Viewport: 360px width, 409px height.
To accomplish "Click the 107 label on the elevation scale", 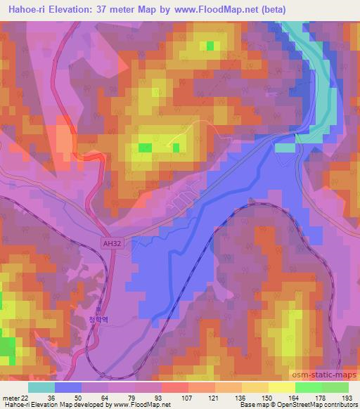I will point(167,398).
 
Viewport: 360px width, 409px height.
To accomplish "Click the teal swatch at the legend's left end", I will point(41,387).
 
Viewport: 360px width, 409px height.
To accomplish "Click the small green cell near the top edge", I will point(210,46).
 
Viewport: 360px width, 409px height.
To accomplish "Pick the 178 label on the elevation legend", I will point(321,398).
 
